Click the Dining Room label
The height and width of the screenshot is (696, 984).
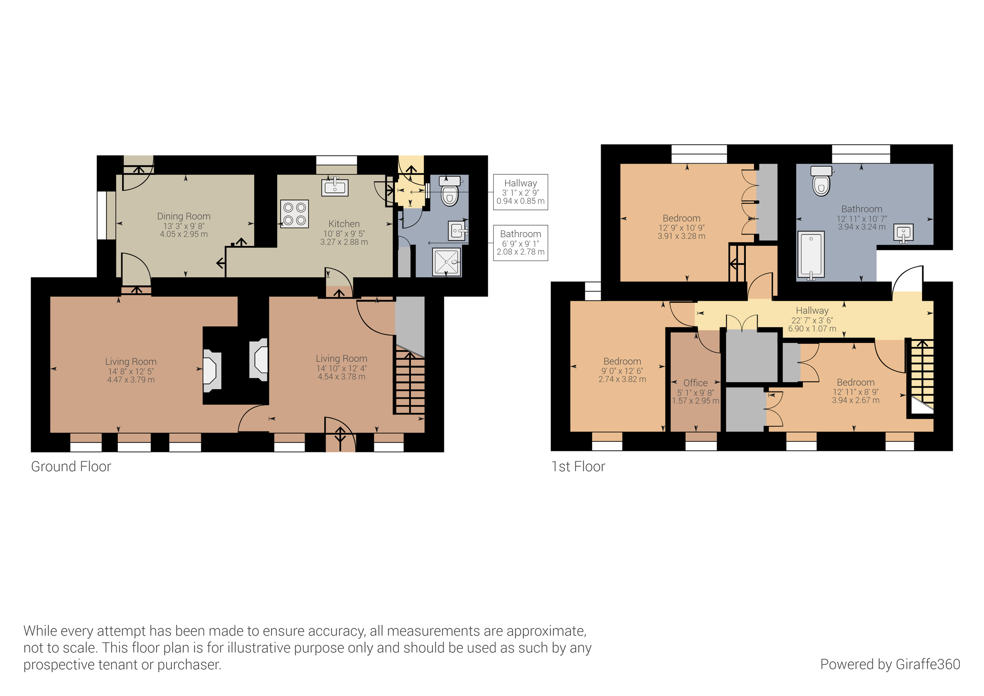point(183,216)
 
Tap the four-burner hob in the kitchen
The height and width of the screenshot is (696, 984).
point(294,214)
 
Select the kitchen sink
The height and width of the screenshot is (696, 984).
point(335,187)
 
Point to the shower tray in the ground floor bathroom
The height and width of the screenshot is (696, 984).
point(446,262)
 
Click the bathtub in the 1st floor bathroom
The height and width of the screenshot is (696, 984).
point(811,255)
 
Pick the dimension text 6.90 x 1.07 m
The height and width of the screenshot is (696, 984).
point(812,329)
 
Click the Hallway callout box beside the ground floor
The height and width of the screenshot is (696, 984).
point(520,192)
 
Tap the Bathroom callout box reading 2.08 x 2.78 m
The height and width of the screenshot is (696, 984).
point(520,243)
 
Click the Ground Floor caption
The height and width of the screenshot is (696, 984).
point(71,467)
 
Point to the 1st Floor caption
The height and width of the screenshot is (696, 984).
point(578,467)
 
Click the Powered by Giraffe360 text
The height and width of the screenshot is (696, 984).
point(890,664)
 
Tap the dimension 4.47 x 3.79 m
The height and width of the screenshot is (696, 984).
point(131,380)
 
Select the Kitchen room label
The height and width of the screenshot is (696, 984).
point(344,224)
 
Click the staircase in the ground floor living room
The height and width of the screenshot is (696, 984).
point(409,382)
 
